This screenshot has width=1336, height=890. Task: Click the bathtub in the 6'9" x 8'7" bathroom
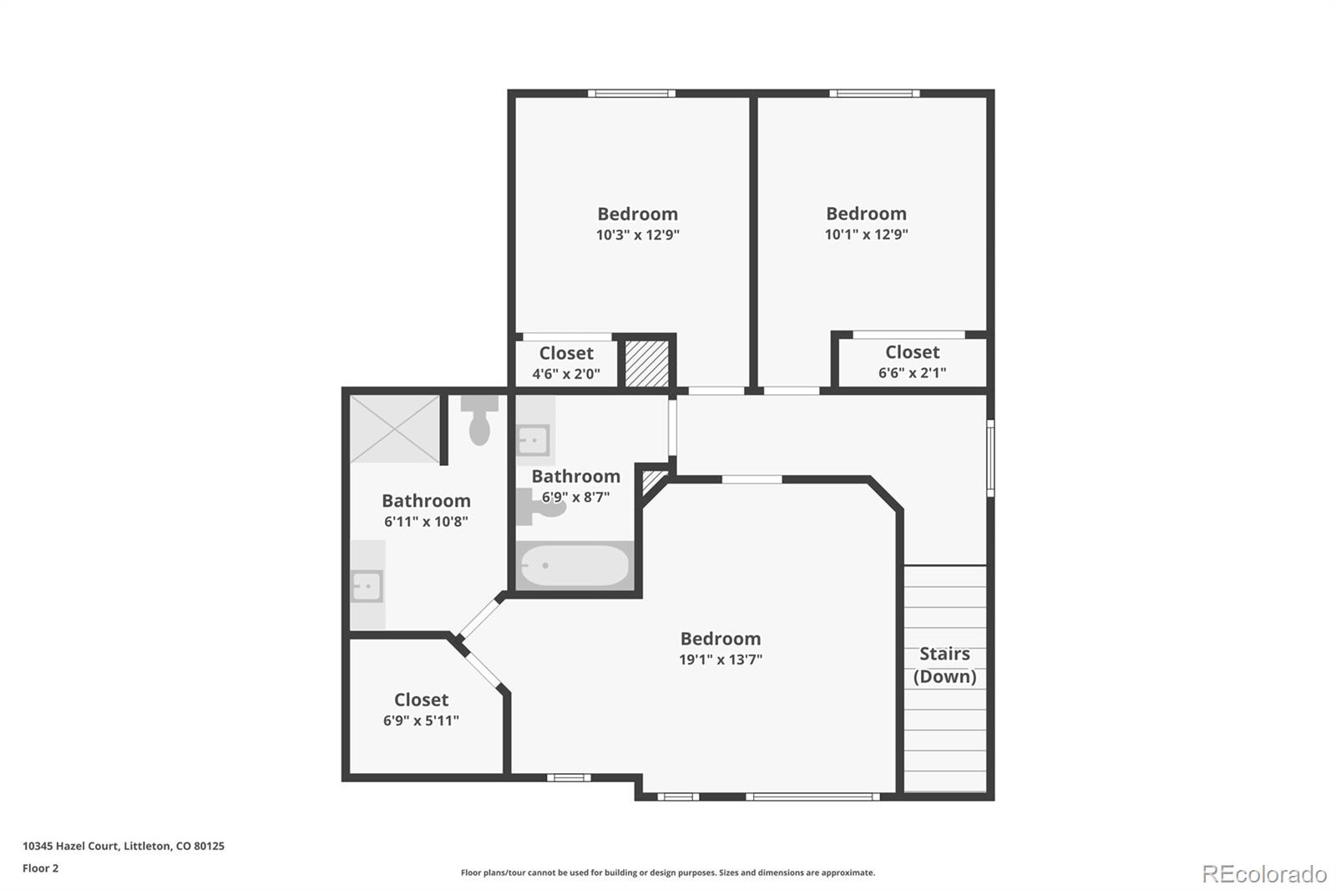[x=574, y=566]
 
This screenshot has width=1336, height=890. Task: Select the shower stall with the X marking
[x=394, y=429]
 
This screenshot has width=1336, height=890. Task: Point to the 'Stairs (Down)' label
[x=944, y=665]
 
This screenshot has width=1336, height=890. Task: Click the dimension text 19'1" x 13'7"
[x=720, y=660]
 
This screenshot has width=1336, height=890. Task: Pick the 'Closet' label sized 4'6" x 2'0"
[x=566, y=353]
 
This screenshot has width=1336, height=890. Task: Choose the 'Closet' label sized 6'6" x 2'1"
[x=912, y=352]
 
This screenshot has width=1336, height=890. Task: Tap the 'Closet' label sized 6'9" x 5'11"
[x=421, y=700]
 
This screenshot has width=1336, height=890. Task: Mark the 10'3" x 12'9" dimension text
[x=637, y=235]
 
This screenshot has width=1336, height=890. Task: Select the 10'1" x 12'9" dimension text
[x=866, y=235]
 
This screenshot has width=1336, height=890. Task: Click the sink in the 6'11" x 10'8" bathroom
[x=367, y=586]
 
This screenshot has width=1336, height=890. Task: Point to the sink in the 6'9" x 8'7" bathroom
[x=533, y=439]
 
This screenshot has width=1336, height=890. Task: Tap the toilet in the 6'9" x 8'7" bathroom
[x=541, y=506]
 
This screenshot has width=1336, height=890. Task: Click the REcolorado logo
[x=1263, y=873]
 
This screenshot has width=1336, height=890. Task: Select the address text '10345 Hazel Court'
[x=70, y=846]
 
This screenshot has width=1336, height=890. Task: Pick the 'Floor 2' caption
[x=40, y=868]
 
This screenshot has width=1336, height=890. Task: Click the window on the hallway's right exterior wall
[x=990, y=458]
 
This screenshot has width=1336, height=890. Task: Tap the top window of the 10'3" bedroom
[x=631, y=94]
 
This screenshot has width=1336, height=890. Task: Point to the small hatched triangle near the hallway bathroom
[x=652, y=482]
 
